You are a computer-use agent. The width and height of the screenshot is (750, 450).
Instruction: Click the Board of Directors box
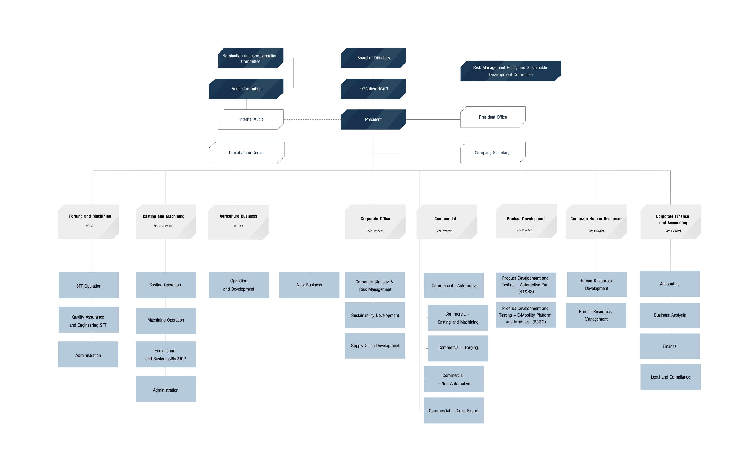[373, 58]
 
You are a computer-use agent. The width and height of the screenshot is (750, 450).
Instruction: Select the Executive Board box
[373, 89]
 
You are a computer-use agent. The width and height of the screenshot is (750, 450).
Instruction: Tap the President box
[373, 119]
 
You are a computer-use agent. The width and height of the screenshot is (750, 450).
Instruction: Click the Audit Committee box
[246, 89]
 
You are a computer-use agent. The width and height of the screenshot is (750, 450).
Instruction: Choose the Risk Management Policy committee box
[511, 71]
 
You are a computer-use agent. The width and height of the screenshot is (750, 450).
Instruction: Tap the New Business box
[310, 285]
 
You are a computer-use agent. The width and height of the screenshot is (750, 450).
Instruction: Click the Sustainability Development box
[375, 315]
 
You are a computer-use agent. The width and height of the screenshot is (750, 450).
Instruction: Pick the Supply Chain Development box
[375, 346]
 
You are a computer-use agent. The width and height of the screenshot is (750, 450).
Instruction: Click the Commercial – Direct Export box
[453, 411]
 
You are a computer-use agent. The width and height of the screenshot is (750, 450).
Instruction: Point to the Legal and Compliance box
[670, 377]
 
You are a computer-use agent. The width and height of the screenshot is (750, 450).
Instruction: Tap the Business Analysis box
[670, 315]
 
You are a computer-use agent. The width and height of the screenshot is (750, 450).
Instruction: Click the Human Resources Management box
[596, 315]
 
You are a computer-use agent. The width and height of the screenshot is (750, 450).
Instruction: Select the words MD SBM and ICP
[163, 226]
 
